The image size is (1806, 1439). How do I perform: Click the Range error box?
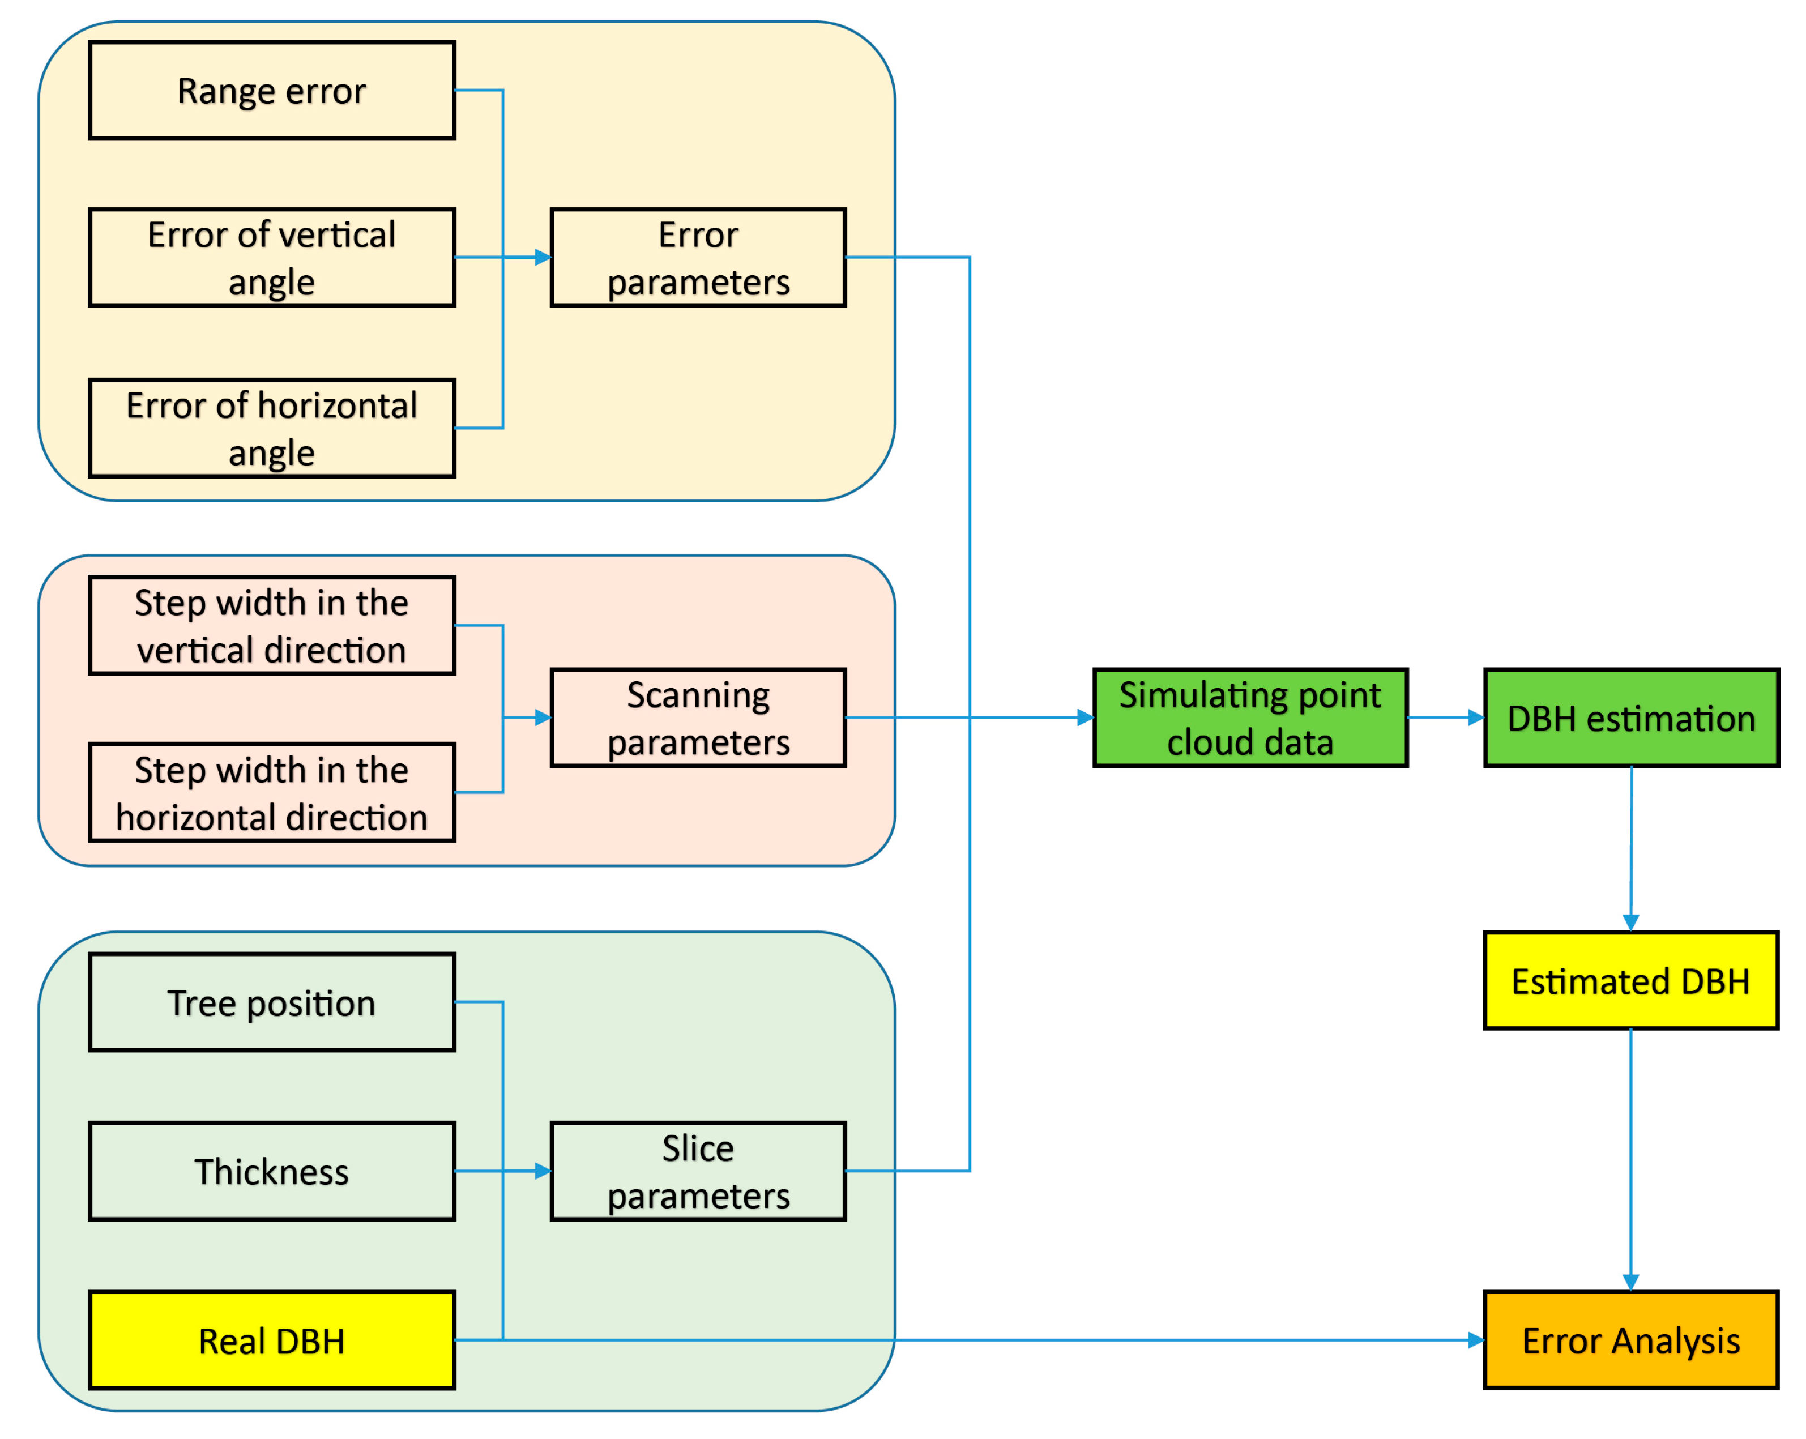(x=271, y=91)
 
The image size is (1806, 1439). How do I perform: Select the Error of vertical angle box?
(x=271, y=257)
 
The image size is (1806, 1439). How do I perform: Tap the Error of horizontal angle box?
(x=271, y=428)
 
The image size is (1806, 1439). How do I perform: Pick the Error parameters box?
(x=698, y=257)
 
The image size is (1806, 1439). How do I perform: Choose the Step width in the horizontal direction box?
(x=271, y=792)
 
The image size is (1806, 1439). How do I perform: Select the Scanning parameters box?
(x=698, y=718)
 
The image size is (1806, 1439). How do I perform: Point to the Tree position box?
(x=271, y=1002)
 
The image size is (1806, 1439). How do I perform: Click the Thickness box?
(x=271, y=1171)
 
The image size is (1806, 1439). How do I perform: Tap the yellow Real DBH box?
(x=271, y=1340)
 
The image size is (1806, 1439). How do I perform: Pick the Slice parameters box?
(x=698, y=1171)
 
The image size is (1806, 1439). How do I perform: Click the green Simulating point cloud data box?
(x=1250, y=718)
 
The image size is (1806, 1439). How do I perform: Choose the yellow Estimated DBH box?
(x=1630, y=980)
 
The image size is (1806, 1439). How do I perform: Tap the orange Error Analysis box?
(x=1630, y=1340)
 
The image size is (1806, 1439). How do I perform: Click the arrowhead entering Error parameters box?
(x=543, y=257)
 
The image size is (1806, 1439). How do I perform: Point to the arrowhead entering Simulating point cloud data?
(x=1086, y=718)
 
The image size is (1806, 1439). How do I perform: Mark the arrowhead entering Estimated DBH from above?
(x=1630, y=922)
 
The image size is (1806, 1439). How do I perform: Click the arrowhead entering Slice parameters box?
(x=543, y=1171)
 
